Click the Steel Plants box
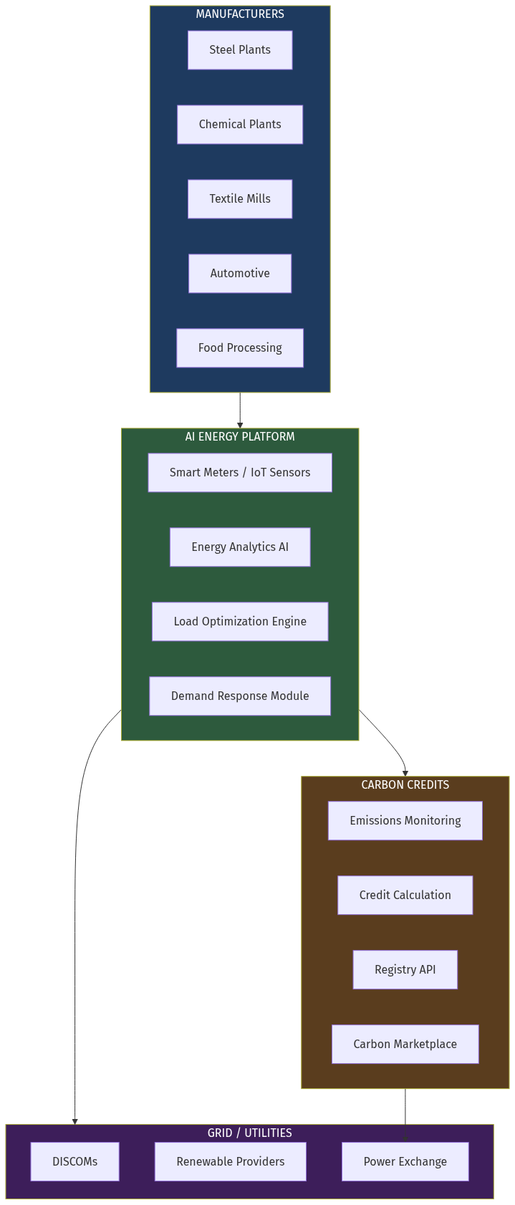pos(240,50)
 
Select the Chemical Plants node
pos(240,125)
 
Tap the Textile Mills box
pos(240,199)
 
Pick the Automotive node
pos(240,274)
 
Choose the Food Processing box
pos(240,348)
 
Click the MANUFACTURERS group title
pos(240,14)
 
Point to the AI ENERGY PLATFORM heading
pos(240,437)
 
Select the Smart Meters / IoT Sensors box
pos(240,473)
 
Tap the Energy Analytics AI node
pos(240,547)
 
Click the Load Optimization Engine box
pos(240,622)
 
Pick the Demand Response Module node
pos(240,696)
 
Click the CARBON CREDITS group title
pos(405,785)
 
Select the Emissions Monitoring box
pos(405,821)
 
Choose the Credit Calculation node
pos(405,896)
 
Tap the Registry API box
pos(405,970)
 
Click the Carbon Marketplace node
pos(405,1045)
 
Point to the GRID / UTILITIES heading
pos(250,1133)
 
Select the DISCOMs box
pos(75,1162)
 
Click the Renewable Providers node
pos(231,1162)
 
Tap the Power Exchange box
pos(405,1162)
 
